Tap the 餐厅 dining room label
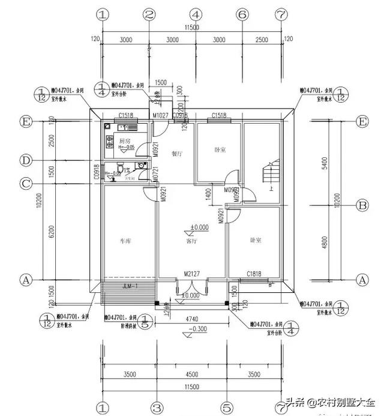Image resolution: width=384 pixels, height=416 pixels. click(176, 153)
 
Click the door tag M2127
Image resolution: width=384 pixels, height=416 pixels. click(191, 274)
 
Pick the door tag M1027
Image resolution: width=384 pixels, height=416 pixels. click(160, 115)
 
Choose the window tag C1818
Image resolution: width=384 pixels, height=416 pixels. click(255, 274)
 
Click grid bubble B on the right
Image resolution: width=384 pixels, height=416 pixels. click(362, 205)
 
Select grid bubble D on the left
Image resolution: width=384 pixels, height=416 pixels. click(26, 160)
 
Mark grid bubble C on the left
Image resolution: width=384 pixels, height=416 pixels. click(26, 183)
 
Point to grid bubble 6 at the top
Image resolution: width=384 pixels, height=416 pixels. click(242, 14)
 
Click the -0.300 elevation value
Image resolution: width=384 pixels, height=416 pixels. click(197, 329)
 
